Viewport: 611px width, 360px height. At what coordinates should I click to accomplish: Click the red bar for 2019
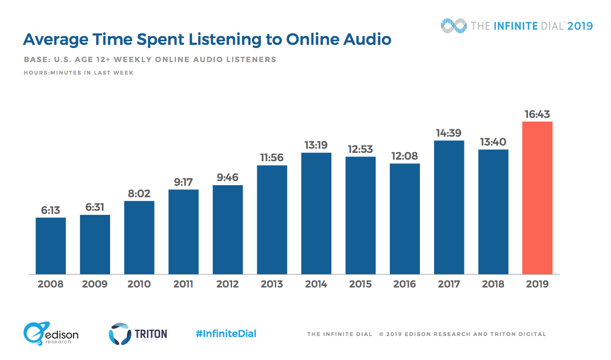[537, 198]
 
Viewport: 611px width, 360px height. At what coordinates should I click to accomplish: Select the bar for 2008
[51, 245]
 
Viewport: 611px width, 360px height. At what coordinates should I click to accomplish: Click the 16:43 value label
[537, 114]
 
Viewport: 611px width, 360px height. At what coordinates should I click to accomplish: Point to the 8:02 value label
[139, 193]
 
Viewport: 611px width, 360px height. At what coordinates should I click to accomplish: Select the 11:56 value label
[272, 157]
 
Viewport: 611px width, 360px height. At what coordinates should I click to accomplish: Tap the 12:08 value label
[404, 155]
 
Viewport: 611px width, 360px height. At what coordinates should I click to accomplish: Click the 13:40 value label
[493, 142]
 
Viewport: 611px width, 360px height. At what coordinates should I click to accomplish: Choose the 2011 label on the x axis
[183, 284]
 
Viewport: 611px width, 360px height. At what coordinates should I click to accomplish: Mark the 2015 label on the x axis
[360, 284]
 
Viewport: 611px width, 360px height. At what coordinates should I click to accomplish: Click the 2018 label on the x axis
[493, 284]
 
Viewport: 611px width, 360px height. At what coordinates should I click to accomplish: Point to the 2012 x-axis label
[227, 284]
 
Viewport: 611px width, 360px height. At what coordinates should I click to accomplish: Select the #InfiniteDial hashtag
[226, 333]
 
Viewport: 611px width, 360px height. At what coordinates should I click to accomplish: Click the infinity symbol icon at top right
[453, 25]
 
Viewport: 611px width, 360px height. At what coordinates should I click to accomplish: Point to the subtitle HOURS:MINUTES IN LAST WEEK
[78, 73]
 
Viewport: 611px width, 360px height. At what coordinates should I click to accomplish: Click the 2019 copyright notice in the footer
[462, 334]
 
